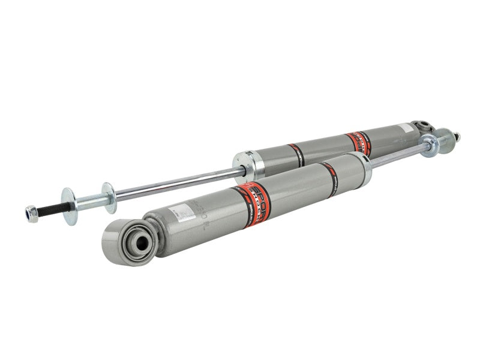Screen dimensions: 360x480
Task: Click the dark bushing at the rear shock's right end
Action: coord(424,127)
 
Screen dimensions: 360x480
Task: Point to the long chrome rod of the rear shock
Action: coord(174,183)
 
